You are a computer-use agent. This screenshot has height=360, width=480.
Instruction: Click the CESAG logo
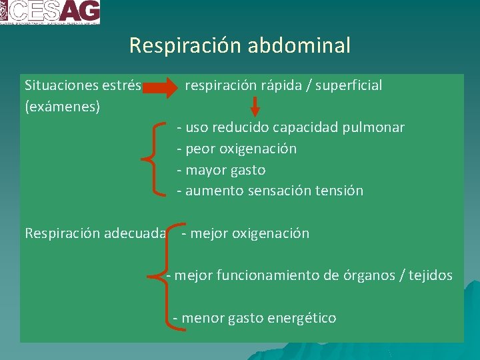point(50,12)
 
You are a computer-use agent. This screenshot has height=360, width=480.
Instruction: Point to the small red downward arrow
point(255,106)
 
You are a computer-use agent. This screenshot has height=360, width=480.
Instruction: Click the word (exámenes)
point(63,106)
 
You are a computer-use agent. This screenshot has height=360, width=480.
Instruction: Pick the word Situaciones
point(61,85)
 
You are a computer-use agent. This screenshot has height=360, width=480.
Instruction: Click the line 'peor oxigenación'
point(241,149)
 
